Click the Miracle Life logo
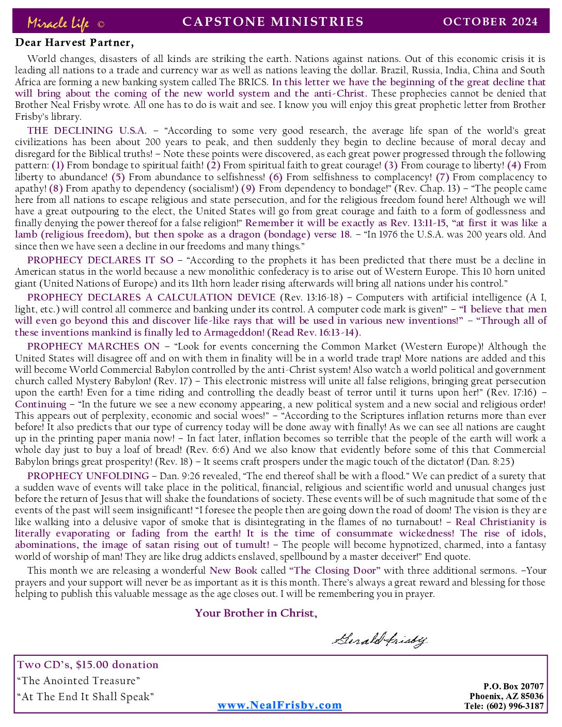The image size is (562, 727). [x=58, y=23]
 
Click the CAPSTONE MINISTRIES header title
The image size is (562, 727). [x=273, y=22]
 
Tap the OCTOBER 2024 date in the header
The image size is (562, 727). [x=490, y=22]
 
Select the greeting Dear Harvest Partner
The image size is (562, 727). [x=74, y=42]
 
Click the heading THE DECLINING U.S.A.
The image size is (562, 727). [x=87, y=131]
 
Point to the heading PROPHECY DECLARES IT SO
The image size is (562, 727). [x=100, y=260]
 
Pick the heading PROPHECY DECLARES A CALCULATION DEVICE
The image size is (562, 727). [x=151, y=297]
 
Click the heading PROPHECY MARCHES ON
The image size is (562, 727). [x=93, y=346]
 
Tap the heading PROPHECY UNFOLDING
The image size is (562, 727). [x=88, y=476]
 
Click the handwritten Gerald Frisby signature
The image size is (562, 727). [x=380, y=640]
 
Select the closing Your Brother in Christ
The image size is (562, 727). [x=256, y=613]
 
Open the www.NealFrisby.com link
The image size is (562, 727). [x=279, y=705]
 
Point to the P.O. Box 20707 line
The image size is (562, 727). [x=513, y=686]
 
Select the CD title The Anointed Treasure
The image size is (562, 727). [x=79, y=681]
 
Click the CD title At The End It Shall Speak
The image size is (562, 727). [x=85, y=697]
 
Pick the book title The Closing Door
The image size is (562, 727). [x=335, y=571]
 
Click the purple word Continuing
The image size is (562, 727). [x=40, y=404]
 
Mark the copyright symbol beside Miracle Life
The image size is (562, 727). [x=101, y=24]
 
